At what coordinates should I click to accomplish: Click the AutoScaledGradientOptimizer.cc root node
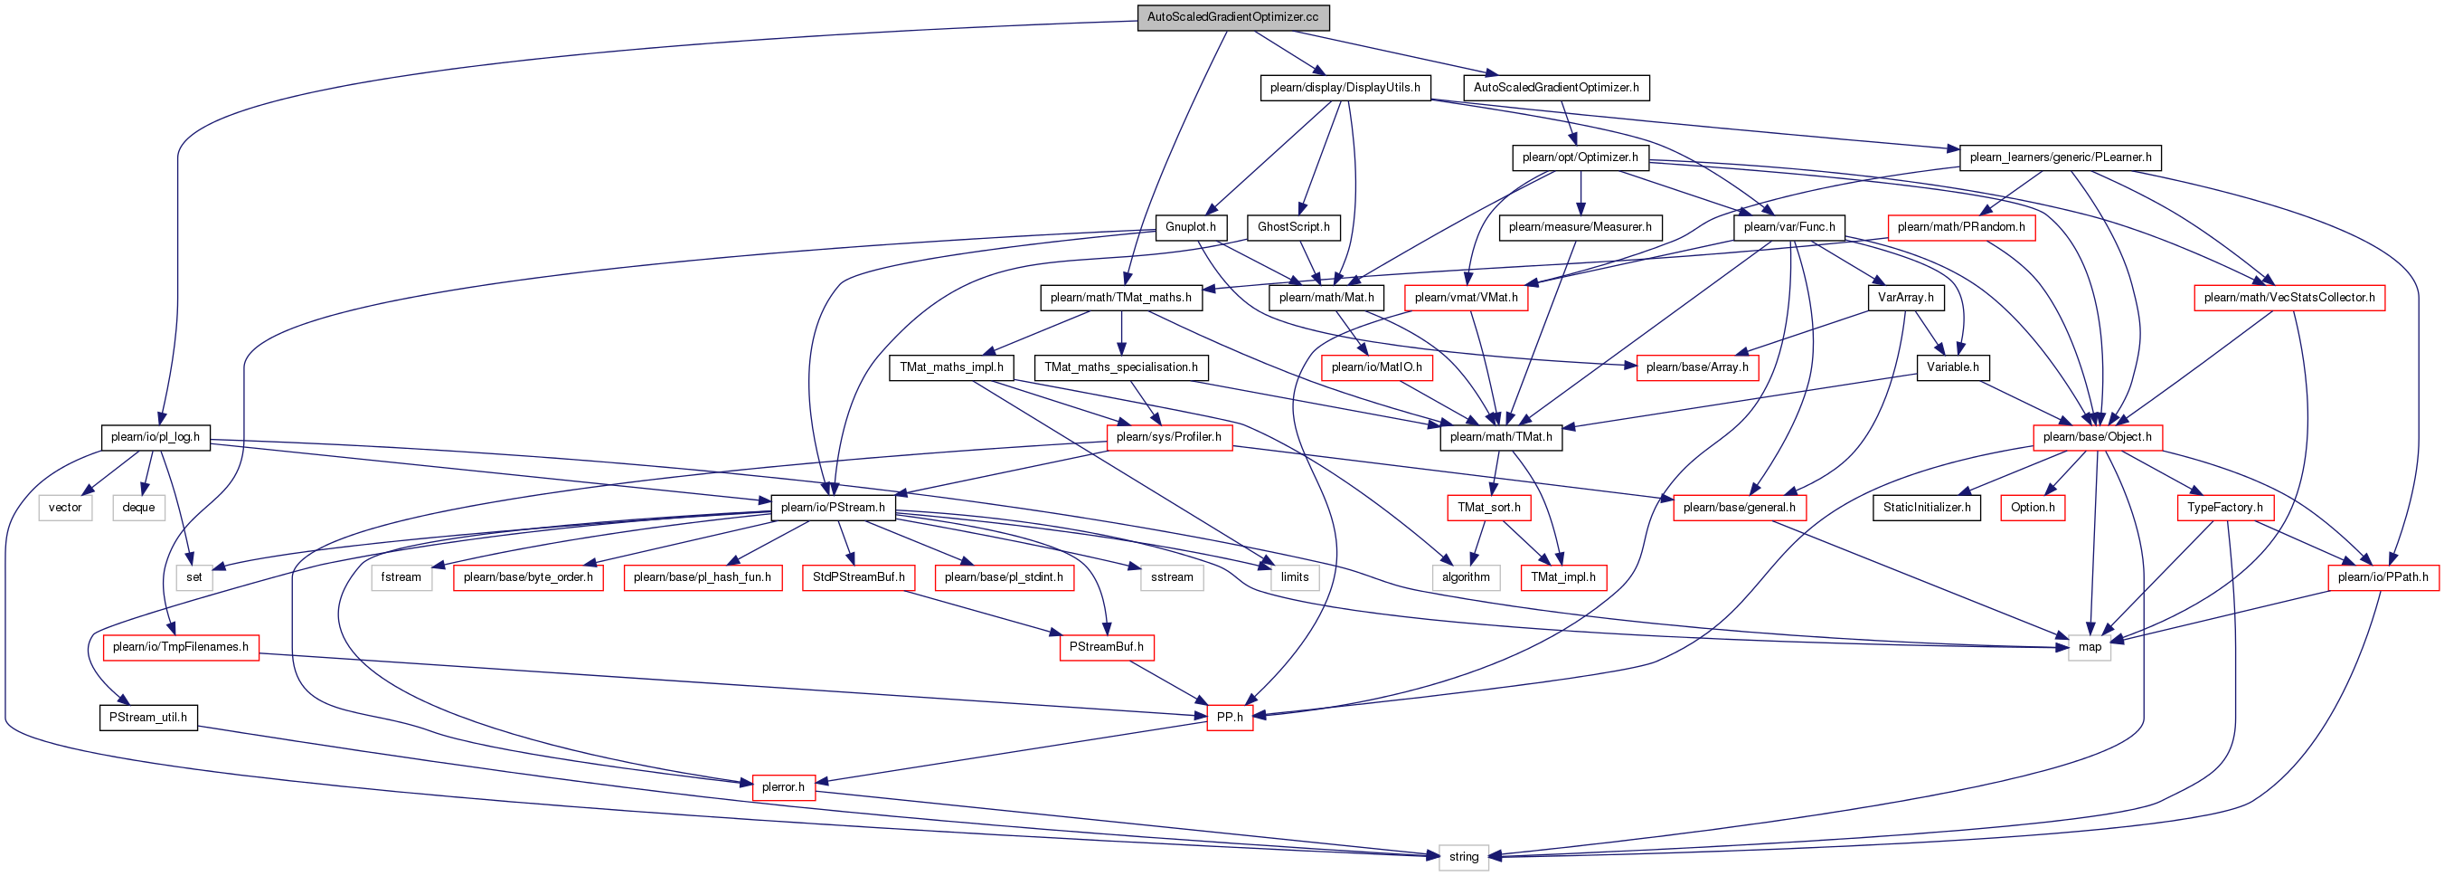[x=1232, y=17]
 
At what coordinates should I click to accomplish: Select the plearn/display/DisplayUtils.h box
[x=1345, y=87]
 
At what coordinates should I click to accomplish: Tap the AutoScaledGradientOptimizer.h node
[x=1556, y=87]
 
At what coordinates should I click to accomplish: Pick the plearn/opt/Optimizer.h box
[x=1580, y=157]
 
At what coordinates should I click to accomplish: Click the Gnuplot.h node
[x=1190, y=227]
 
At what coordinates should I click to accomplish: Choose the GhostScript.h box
[x=1293, y=227]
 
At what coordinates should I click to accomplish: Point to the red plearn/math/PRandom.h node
[x=1961, y=227]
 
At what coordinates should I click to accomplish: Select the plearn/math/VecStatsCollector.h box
[x=2288, y=297]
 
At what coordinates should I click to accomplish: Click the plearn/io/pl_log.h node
[x=156, y=437]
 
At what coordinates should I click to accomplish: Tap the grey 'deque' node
[x=138, y=508]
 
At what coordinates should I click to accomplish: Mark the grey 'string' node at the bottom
[x=1463, y=857]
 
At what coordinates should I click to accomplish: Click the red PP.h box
[x=1230, y=718]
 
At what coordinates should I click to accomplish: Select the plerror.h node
[x=783, y=786]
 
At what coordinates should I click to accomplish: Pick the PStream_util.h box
[x=148, y=718]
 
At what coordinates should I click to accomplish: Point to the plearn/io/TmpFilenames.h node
[x=180, y=647]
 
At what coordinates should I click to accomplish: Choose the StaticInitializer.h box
[x=1926, y=508]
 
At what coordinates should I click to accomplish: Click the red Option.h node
[x=2033, y=508]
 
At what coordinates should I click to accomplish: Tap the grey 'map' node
[x=2090, y=647]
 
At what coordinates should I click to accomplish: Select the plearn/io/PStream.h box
[x=832, y=508]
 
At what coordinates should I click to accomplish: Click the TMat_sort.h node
[x=1488, y=508]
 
